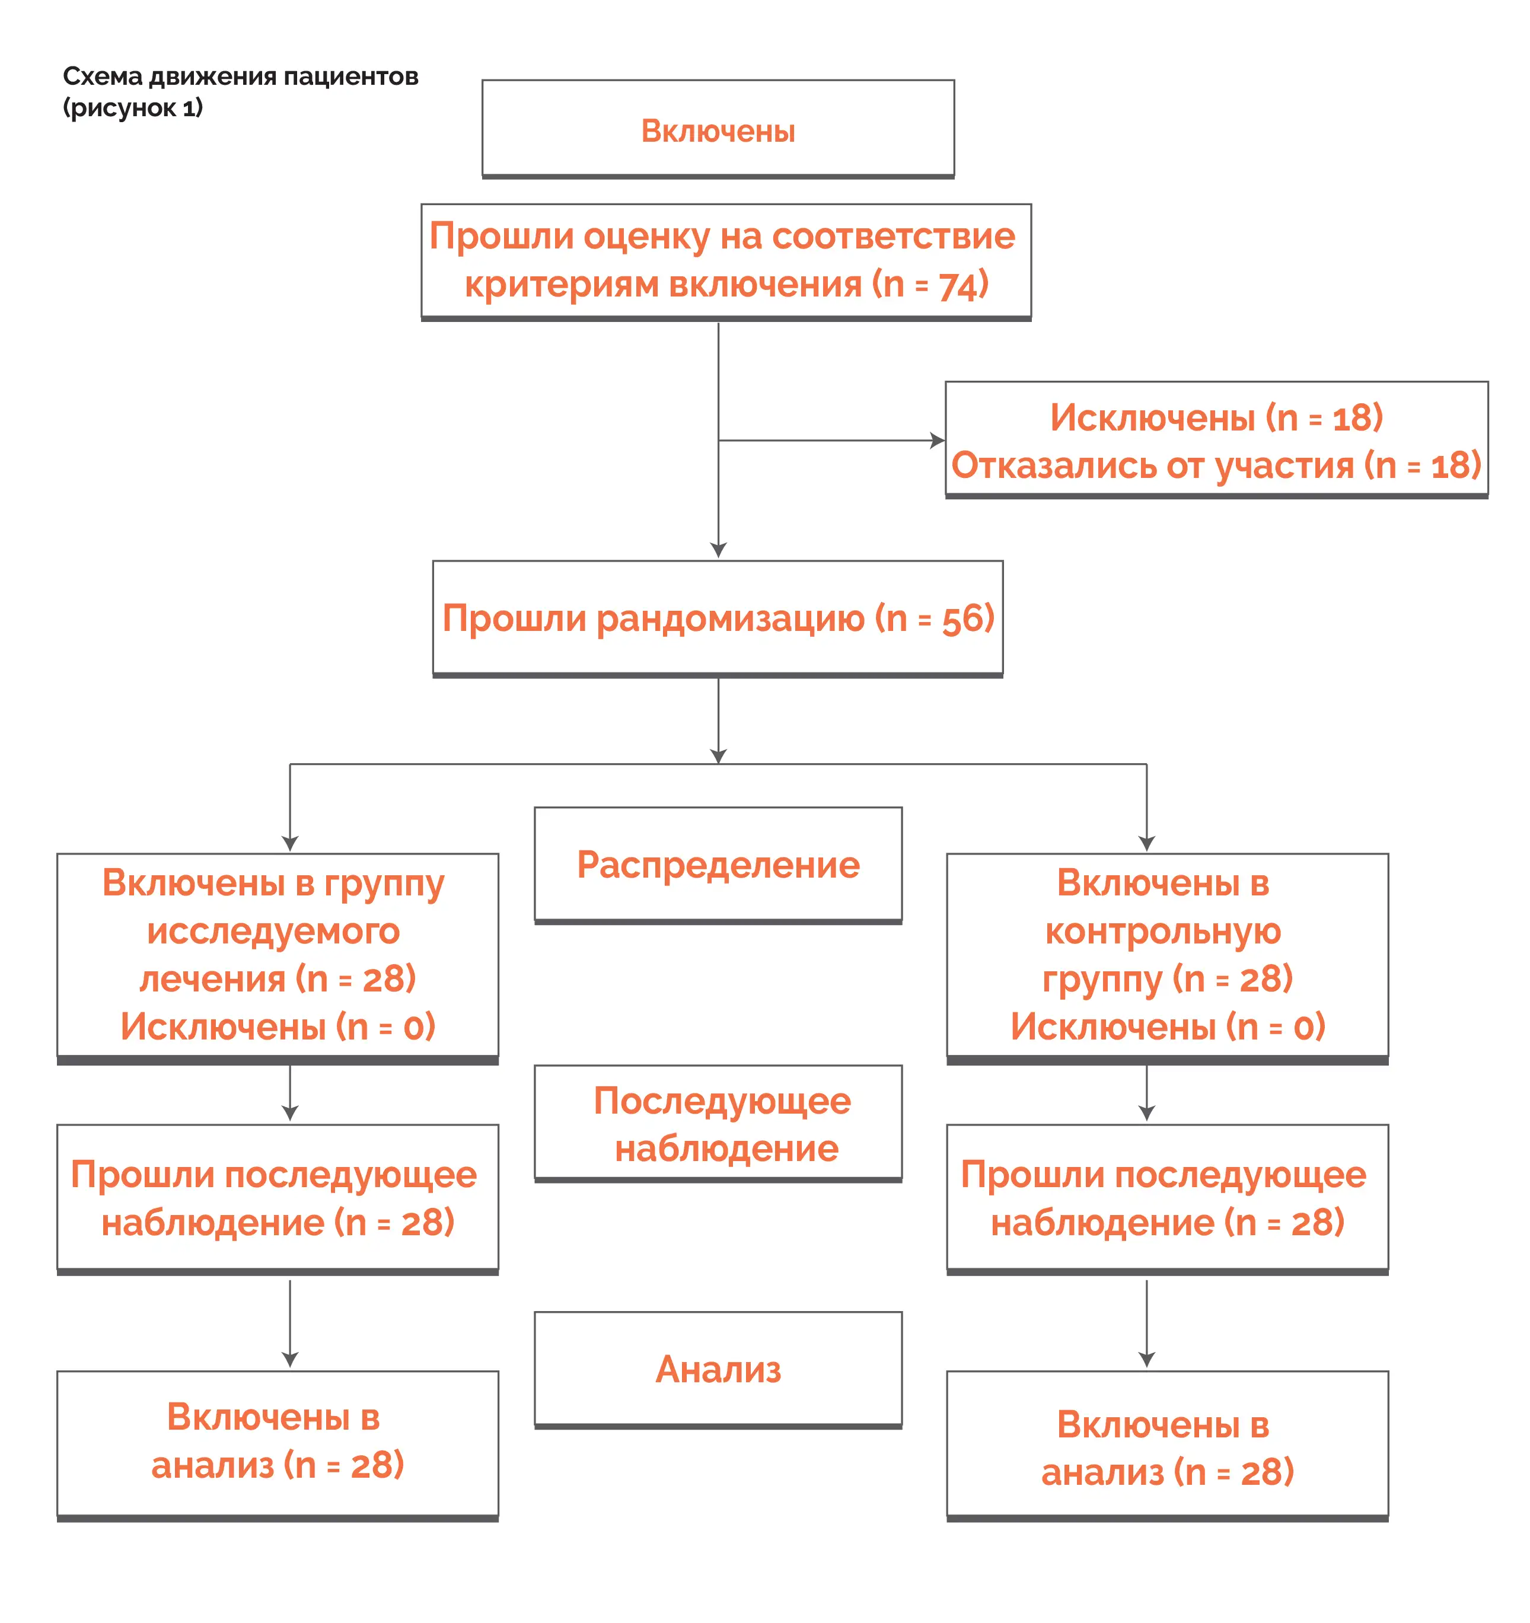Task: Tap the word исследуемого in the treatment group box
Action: click(x=273, y=932)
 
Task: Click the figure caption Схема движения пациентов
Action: click(x=240, y=76)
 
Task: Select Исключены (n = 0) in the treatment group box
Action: click(x=278, y=1026)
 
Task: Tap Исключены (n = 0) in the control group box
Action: click(x=1168, y=1026)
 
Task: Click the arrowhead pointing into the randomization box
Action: click(x=719, y=550)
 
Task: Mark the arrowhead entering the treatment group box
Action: click(x=290, y=843)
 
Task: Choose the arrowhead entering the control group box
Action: click(x=1146, y=843)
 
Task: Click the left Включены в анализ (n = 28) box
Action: click(x=278, y=1445)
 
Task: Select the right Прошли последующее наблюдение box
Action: click(x=1168, y=1198)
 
